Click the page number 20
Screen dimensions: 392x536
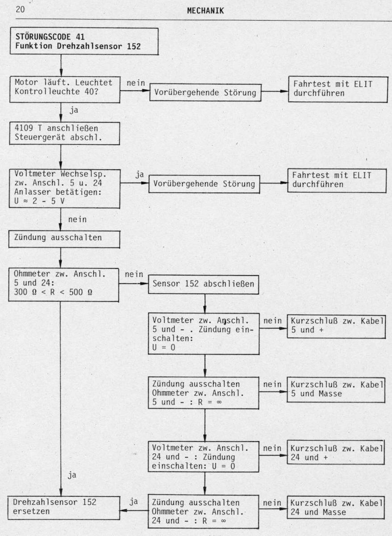click(x=20, y=9)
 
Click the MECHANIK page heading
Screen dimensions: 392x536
click(x=205, y=11)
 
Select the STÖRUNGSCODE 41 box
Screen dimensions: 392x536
click(x=84, y=41)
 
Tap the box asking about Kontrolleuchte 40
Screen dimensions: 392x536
click(x=65, y=89)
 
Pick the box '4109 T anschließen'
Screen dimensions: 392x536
click(x=64, y=133)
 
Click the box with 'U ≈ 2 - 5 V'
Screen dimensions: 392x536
click(x=64, y=188)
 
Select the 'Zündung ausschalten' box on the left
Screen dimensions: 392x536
click(x=64, y=239)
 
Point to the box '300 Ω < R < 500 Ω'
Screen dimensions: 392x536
click(x=63, y=285)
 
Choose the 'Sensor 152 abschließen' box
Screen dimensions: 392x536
click(x=203, y=285)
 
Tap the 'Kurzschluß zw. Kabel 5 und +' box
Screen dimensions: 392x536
click(x=336, y=327)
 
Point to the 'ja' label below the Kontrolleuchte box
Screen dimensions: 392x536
click(x=74, y=111)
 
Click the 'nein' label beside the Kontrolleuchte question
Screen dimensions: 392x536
click(x=136, y=83)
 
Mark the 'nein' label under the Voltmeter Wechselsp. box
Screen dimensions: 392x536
click(x=77, y=219)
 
